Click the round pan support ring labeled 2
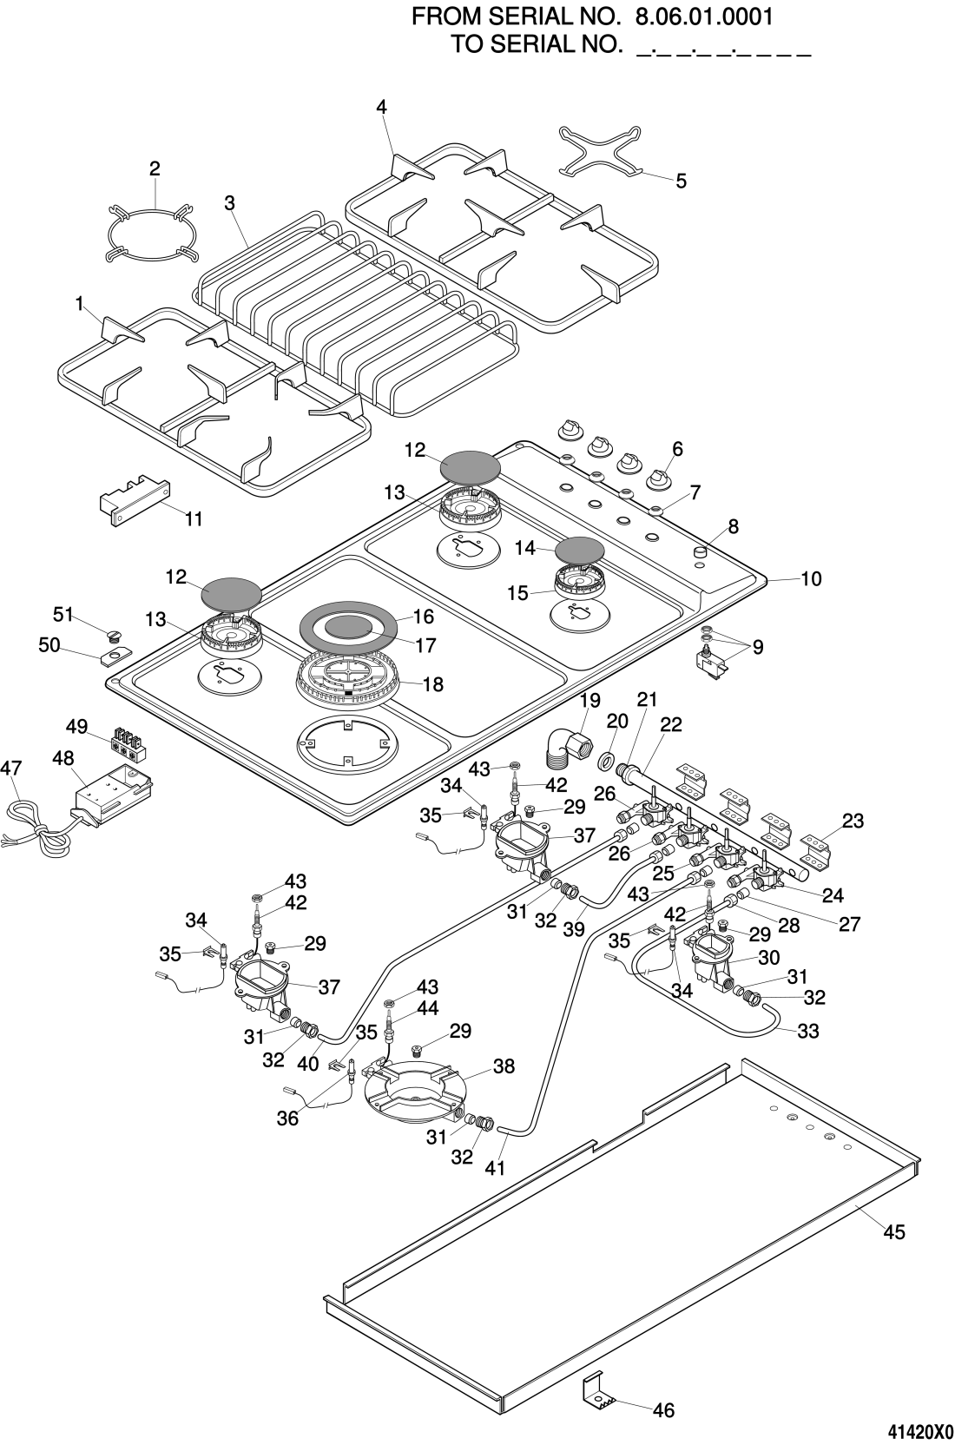pos(150,232)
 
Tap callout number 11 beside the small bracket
pos(194,518)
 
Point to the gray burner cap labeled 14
pos(580,550)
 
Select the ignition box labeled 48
pos(113,796)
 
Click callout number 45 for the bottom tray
pos(893,1231)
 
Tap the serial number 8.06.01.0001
pos(704,16)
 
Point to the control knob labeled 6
pos(660,478)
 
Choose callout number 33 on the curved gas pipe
pos(807,1032)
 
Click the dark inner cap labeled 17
pos(351,626)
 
